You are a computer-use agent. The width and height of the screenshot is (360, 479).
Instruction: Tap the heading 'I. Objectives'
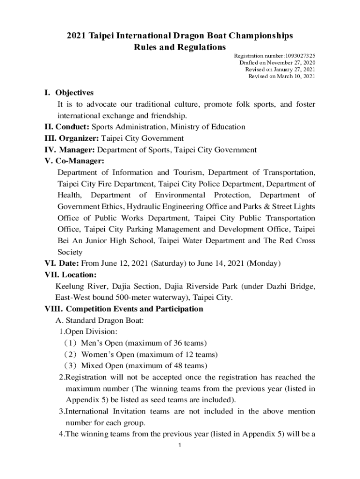[69, 93]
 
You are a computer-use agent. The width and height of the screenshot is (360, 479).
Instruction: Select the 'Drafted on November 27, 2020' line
[277, 62]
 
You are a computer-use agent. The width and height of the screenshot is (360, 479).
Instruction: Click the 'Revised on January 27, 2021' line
[280, 69]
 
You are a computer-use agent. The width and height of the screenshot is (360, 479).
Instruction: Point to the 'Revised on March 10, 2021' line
[281, 76]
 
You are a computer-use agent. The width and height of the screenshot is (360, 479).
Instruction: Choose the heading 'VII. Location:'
[70, 275]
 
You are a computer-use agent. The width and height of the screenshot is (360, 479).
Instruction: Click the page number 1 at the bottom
[180, 445]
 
